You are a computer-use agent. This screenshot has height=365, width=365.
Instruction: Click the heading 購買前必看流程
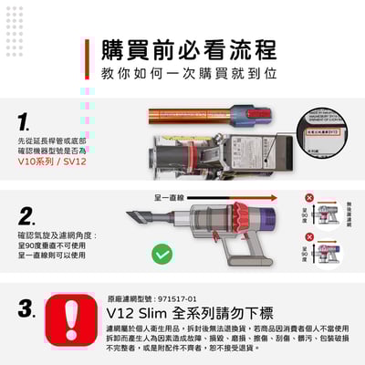(x=188, y=48)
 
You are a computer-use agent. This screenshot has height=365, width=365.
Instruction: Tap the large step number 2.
(x=27, y=216)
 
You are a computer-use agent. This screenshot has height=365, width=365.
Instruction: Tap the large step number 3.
(x=27, y=308)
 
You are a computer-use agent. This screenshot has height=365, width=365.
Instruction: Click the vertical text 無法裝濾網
(x=349, y=215)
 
